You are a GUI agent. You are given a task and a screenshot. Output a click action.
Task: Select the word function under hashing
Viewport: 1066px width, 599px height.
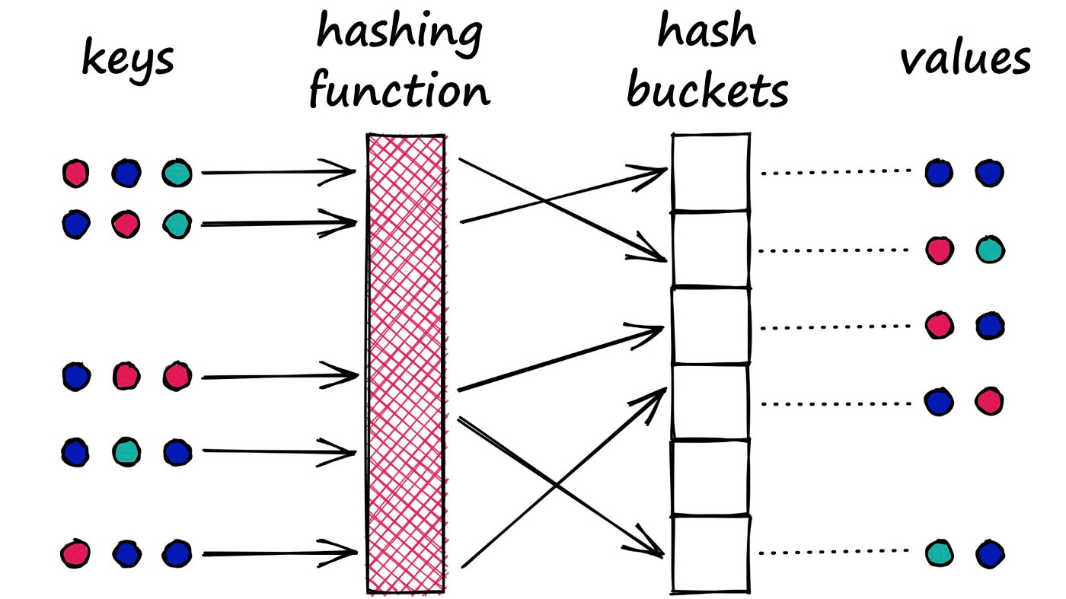[399, 91]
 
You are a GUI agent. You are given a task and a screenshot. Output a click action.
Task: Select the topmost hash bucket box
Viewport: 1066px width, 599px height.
[710, 173]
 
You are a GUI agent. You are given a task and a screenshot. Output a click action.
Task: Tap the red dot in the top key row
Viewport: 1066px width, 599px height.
[75, 174]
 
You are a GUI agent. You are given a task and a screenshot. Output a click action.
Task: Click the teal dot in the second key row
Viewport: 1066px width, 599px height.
[176, 224]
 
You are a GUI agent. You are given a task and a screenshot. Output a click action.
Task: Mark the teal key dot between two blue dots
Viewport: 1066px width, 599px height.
[126, 453]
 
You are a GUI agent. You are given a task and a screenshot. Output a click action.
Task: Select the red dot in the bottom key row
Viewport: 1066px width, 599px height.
[75, 553]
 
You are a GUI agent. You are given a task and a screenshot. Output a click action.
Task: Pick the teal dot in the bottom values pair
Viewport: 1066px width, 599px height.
[940, 553]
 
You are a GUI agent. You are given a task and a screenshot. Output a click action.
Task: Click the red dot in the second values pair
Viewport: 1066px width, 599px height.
[940, 250]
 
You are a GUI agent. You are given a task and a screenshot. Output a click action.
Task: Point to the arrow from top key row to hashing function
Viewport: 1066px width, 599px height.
[278, 173]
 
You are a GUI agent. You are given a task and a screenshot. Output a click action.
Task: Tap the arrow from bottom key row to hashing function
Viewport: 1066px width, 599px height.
[278, 553]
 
